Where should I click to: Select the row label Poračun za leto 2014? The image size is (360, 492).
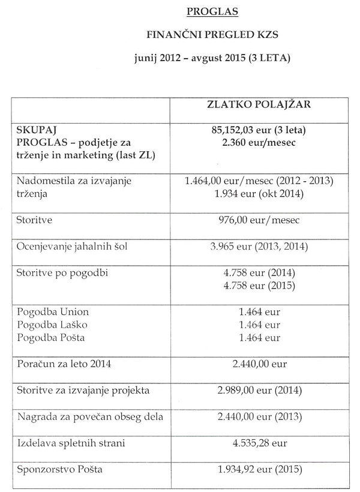pyautogui.click(x=65, y=364)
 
